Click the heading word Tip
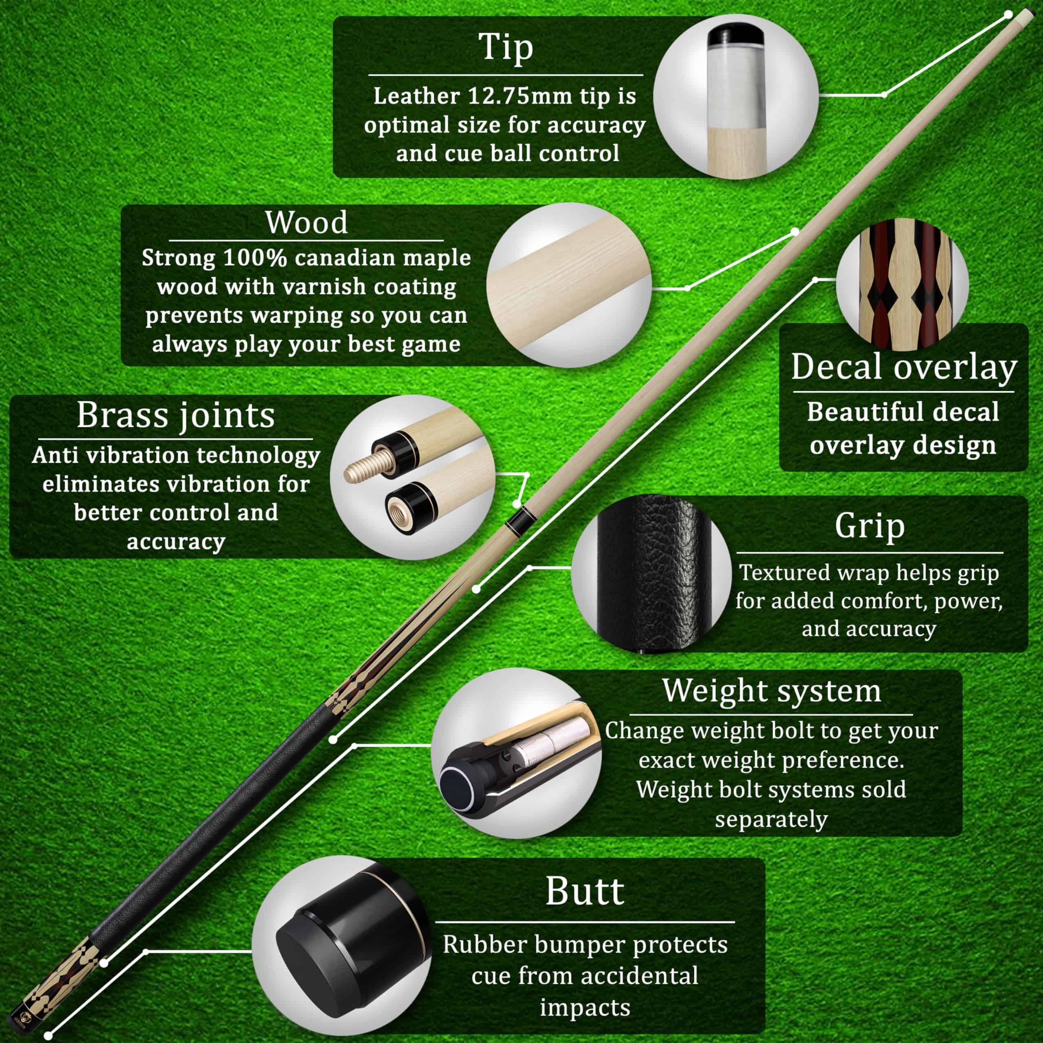506,48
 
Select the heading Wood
306,222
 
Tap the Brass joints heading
176,415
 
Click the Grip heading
870,526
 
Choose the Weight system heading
771,691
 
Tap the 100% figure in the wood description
254,257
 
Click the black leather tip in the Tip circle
736,38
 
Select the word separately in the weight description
771,819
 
